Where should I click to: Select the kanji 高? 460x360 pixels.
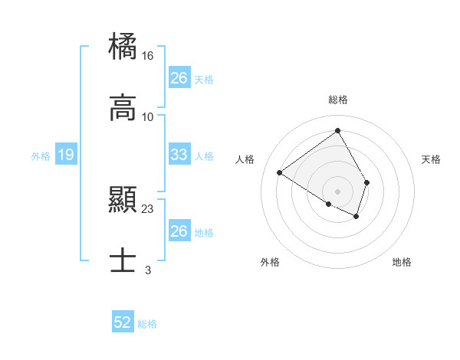[x=123, y=109]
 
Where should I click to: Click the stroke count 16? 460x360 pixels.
[x=148, y=56]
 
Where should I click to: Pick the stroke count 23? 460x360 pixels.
[x=148, y=208]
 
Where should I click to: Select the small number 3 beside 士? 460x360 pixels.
[x=148, y=270]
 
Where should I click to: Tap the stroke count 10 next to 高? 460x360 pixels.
[x=148, y=116]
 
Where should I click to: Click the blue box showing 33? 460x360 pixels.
[x=179, y=155]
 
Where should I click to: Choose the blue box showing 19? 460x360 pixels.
[x=66, y=155]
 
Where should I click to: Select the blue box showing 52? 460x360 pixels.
[x=123, y=323]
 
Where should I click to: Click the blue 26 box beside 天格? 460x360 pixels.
[x=179, y=78]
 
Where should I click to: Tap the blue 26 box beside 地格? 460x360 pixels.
[x=179, y=231]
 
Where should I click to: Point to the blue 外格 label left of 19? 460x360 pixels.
[x=41, y=156]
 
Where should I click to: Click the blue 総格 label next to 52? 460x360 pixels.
[x=147, y=324]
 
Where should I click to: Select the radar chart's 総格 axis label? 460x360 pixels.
[x=338, y=100]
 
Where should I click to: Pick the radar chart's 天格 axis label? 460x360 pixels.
[x=432, y=159]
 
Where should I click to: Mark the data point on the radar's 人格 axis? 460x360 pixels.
[x=280, y=173]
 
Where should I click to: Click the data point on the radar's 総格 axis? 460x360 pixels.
[x=338, y=131]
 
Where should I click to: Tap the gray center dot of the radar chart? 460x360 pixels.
[x=338, y=191]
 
